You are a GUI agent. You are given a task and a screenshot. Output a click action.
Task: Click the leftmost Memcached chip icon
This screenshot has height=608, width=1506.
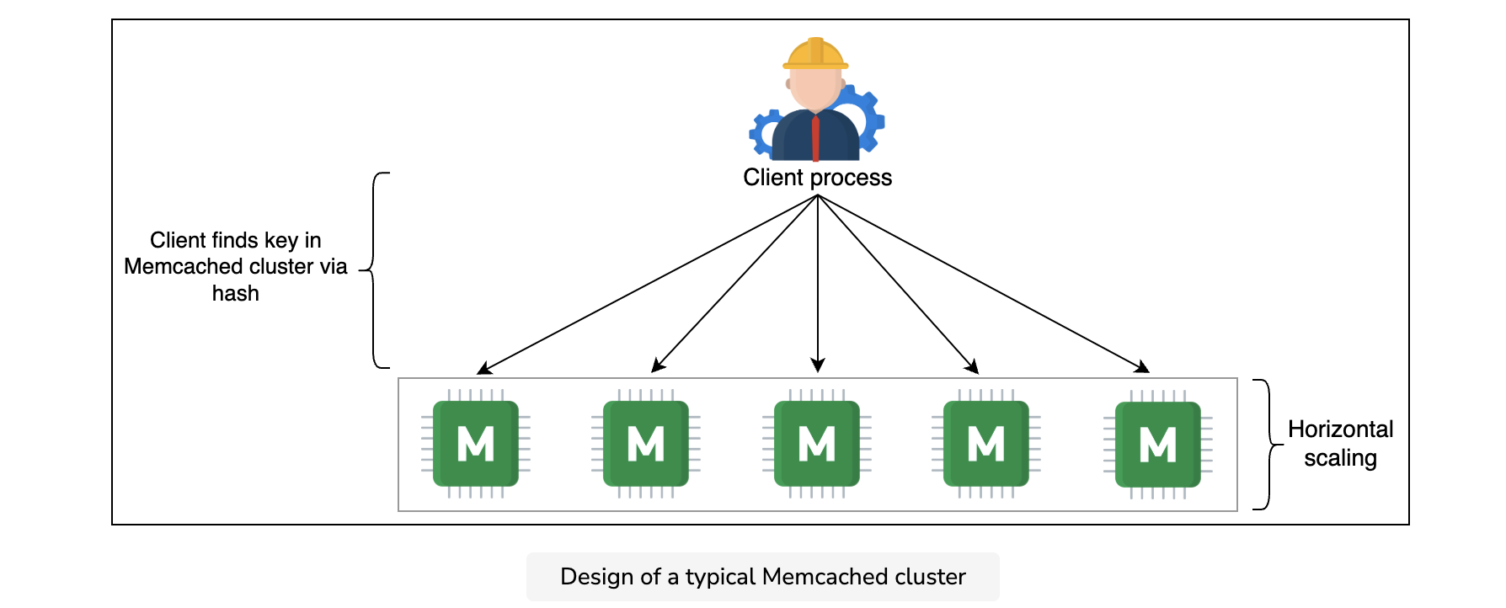(x=476, y=444)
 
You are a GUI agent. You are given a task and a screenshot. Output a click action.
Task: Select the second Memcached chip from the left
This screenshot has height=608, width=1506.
(x=646, y=444)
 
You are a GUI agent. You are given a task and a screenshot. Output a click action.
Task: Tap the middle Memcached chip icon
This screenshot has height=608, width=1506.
(x=817, y=444)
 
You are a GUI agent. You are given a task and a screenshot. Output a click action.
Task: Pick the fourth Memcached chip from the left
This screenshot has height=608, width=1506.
(x=986, y=444)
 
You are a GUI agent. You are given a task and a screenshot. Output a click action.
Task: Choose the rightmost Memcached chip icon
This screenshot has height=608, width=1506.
(x=1158, y=444)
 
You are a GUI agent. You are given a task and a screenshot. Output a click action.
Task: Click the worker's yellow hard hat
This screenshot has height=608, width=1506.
(x=815, y=53)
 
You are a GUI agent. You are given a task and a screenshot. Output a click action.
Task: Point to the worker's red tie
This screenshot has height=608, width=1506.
(x=815, y=139)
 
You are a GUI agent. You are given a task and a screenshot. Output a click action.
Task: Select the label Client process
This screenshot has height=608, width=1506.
(x=817, y=178)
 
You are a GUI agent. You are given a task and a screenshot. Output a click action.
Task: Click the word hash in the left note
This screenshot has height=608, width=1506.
(x=236, y=293)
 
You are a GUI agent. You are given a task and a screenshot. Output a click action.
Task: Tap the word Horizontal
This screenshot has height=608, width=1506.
(x=1341, y=429)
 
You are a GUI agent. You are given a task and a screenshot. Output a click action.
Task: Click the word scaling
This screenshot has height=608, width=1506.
(x=1341, y=458)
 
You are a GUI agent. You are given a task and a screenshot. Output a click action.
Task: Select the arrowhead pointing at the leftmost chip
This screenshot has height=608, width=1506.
(x=484, y=369)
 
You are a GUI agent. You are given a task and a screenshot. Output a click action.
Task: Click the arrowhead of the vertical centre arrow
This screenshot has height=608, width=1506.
(x=817, y=365)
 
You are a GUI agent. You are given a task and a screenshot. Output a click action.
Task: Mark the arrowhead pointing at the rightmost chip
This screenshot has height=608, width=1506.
(x=1141, y=366)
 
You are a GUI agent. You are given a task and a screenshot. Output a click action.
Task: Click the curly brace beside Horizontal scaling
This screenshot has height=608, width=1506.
(x=1268, y=445)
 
